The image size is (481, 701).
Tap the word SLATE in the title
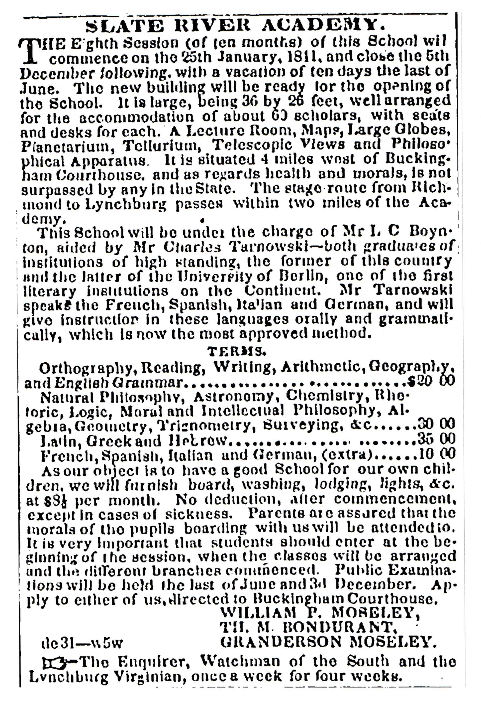(124, 26)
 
